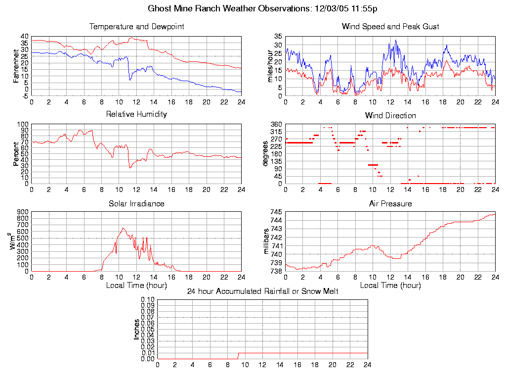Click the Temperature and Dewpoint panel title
pyautogui.click(x=136, y=26)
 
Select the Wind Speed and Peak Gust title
pyautogui.click(x=390, y=26)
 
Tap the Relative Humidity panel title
pyautogui.click(x=136, y=114)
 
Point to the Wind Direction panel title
pyautogui.click(x=390, y=115)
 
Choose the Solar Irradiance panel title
pyautogui.click(x=136, y=203)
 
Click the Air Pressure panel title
pyautogui.click(x=390, y=203)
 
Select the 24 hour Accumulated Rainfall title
pyautogui.click(x=262, y=291)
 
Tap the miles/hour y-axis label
pyautogui.click(x=270, y=65)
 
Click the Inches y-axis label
pyautogui.click(x=137, y=329)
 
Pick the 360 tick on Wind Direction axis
pyautogui.click(x=276, y=124)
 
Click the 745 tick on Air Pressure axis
pyautogui.click(x=276, y=212)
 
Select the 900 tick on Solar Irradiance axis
pyautogui.click(x=23, y=212)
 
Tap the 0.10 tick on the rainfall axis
pyautogui.click(x=148, y=300)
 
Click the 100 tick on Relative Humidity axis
pyautogui.click(x=23, y=124)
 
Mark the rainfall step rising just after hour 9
pyautogui.click(x=238, y=355)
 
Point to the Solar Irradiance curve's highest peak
pyautogui.click(x=123, y=228)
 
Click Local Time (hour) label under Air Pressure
pyautogui.click(x=390, y=285)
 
